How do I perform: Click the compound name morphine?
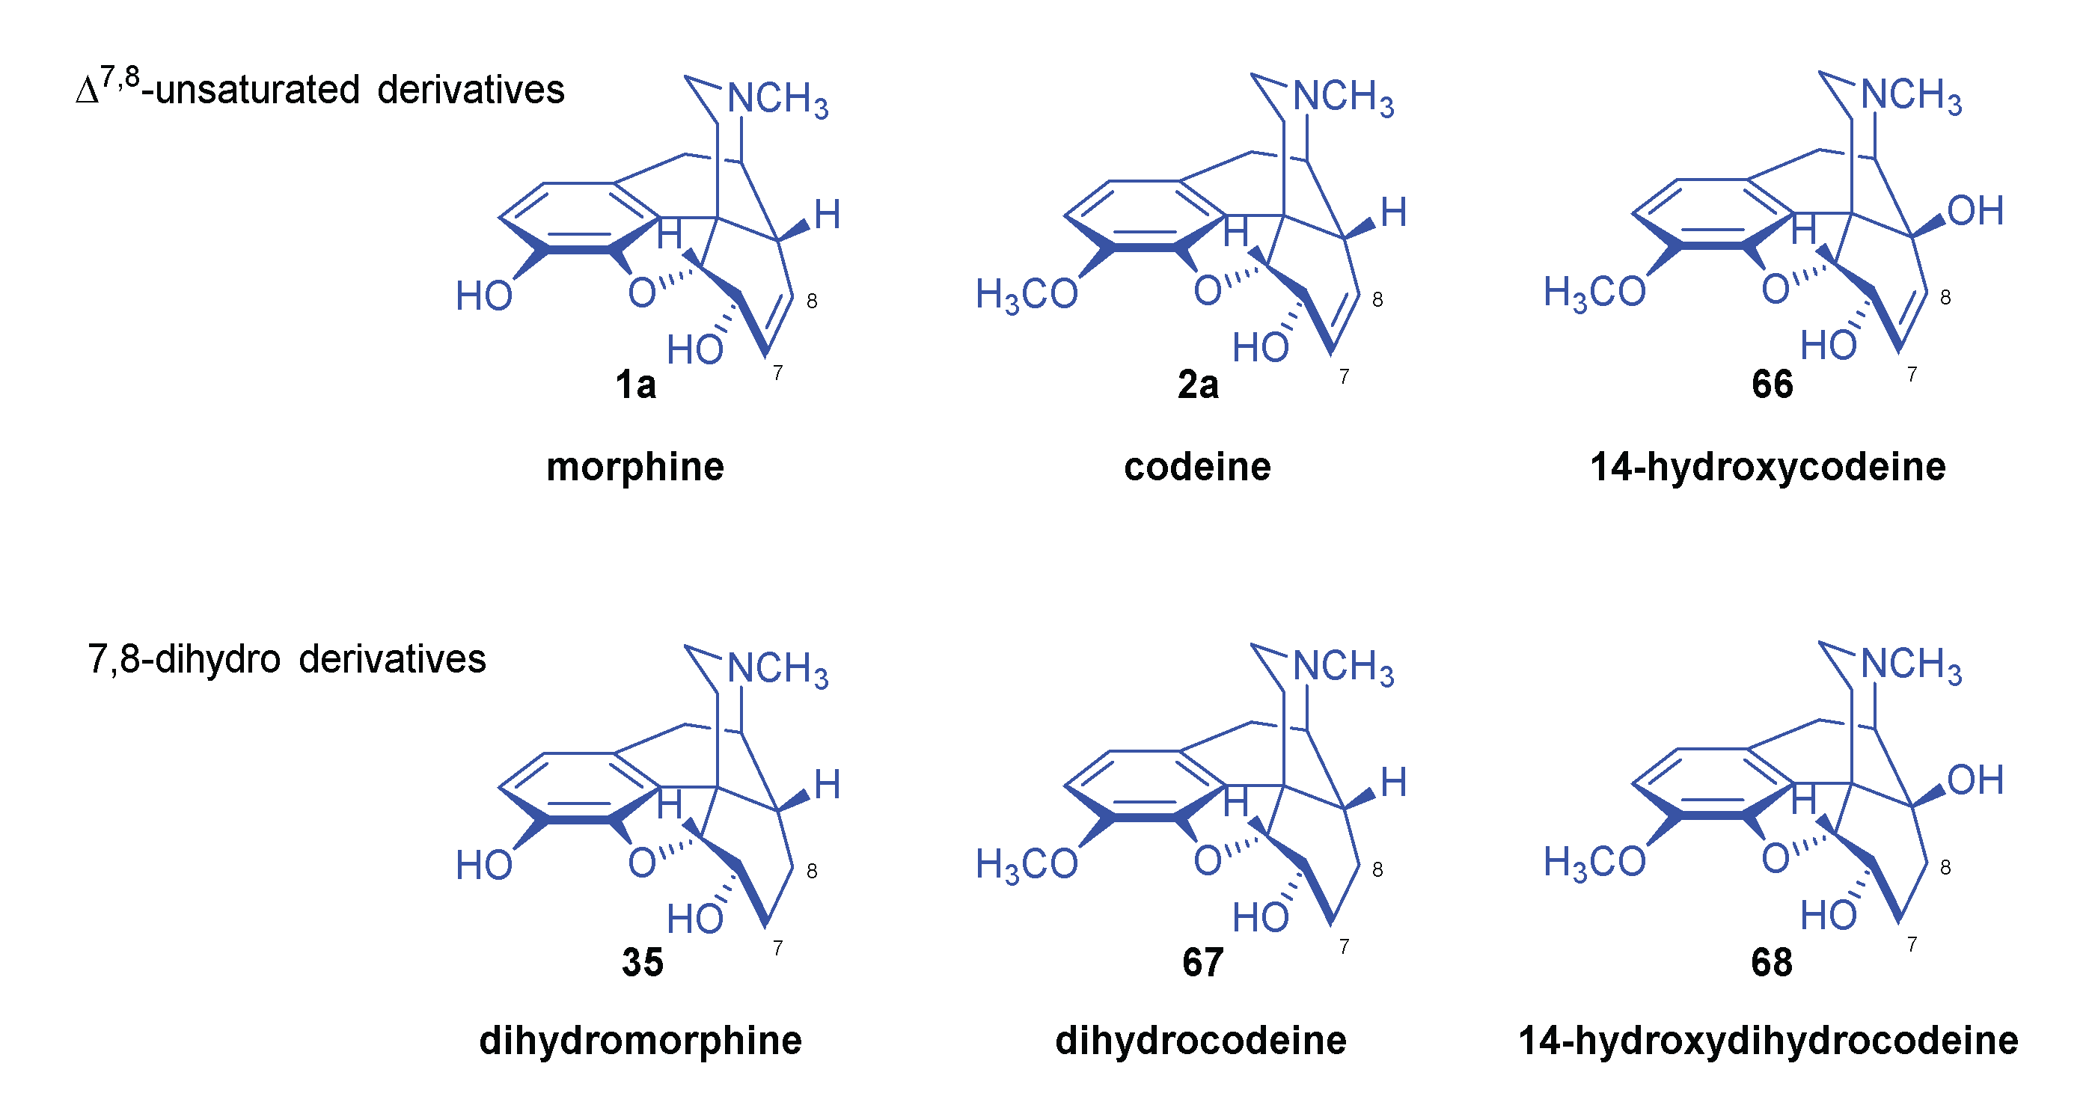tap(634, 468)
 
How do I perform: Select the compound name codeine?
tap(1197, 468)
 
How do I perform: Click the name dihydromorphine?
tap(640, 1041)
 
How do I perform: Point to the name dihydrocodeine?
tap(1200, 1041)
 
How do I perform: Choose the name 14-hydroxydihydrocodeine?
tap(1768, 1041)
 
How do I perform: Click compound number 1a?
tap(635, 385)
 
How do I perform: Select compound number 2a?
tap(1198, 385)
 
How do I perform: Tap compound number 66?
tap(1772, 385)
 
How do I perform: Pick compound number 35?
tap(643, 962)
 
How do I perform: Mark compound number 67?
tap(1203, 962)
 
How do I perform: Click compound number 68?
tap(1771, 962)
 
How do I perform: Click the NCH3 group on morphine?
tap(777, 100)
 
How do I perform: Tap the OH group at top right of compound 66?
tap(1975, 211)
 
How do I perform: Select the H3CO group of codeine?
tap(1027, 295)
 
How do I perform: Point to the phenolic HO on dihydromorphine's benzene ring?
tap(484, 866)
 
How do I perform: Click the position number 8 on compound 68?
tap(1945, 867)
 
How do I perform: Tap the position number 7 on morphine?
tap(777, 373)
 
